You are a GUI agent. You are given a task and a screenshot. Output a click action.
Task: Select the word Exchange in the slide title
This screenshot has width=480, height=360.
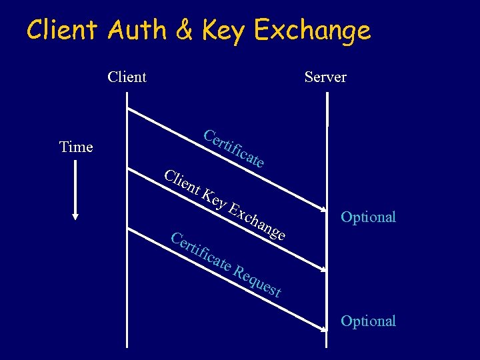[x=313, y=31]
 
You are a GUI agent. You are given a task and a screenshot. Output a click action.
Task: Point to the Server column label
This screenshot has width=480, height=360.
[x=325, y=77]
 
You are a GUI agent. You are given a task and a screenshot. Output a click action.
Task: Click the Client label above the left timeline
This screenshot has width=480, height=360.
[x=127, y=77]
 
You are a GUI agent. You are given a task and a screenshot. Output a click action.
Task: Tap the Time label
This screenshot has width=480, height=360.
[x=76, y=147]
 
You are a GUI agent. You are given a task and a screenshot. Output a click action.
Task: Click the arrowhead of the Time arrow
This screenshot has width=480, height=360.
[x=75, y=215]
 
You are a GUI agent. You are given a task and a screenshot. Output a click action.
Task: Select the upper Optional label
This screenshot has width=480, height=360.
[x=368, y=217]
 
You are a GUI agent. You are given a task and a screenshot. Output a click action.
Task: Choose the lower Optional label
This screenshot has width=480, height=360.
[x=368, y=321]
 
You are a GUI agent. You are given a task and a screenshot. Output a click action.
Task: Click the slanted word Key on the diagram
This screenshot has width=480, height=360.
[x=214, y=198]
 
